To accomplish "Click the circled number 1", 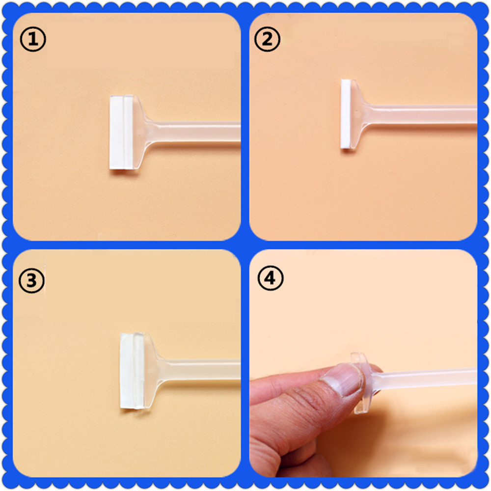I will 32,40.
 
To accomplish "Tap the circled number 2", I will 267,40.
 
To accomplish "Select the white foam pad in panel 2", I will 347,114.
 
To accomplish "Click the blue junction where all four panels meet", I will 245,245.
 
